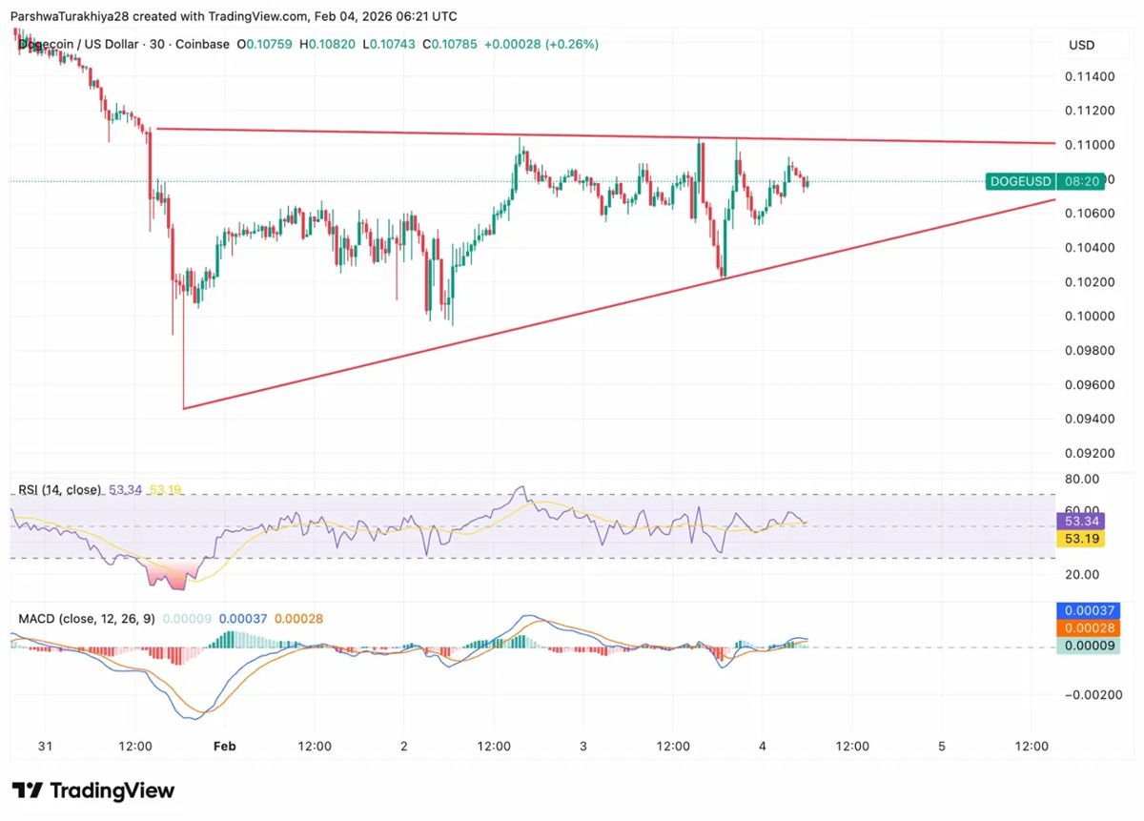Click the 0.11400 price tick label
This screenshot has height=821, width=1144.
click(1088, 76)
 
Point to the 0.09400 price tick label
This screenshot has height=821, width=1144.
click(1088, 419)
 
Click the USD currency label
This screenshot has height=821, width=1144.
click(1081, 45)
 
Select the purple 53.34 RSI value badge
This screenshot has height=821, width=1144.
click(1082, 521)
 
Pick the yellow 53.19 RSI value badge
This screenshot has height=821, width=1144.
click(1082, 539)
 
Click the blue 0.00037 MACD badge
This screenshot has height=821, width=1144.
click(1088, 610)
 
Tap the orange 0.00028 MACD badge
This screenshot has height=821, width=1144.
click(1088, 628)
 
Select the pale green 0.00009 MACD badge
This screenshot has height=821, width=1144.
click(1088, 647)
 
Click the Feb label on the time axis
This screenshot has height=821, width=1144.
click(224, 746)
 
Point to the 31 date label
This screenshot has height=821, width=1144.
click(45, 746)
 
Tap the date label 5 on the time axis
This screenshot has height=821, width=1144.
click(941, 746)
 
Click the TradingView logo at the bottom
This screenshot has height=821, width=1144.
click(93, 790)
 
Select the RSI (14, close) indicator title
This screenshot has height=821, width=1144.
click(59, 489)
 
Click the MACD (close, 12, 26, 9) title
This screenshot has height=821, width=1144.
click(86, 619)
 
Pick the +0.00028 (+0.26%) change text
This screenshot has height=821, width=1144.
click(541, 44)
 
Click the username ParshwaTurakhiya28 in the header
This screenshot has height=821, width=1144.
click(76, 16)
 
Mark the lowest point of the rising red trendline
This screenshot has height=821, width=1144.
click(183, 408)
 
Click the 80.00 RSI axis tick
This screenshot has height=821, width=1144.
click(1082, 479)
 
